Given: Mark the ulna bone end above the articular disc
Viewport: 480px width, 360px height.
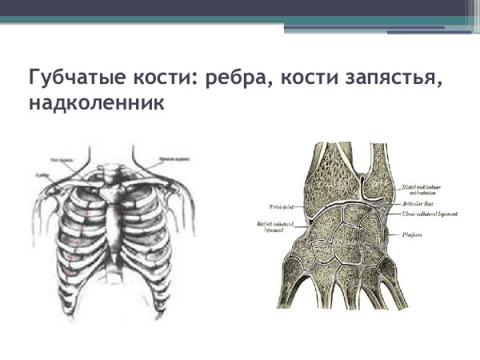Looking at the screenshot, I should coord(376,172).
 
